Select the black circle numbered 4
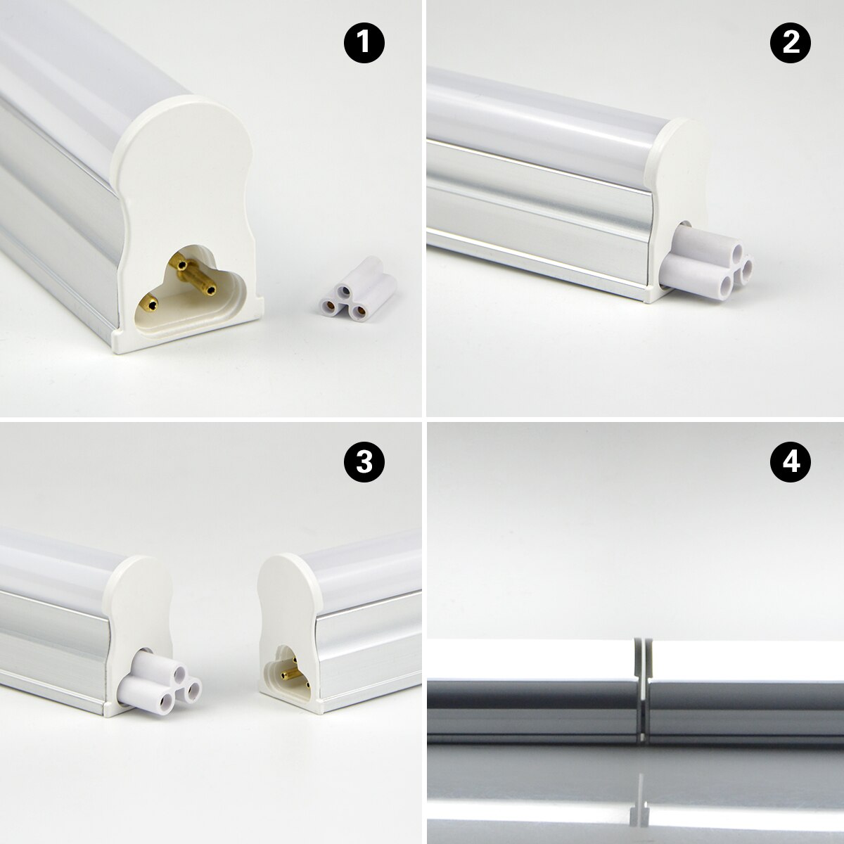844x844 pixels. (x=791, y=462)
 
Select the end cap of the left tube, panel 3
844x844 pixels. (x=141, y=605)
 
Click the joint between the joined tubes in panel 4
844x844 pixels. (x=641, y=689)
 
